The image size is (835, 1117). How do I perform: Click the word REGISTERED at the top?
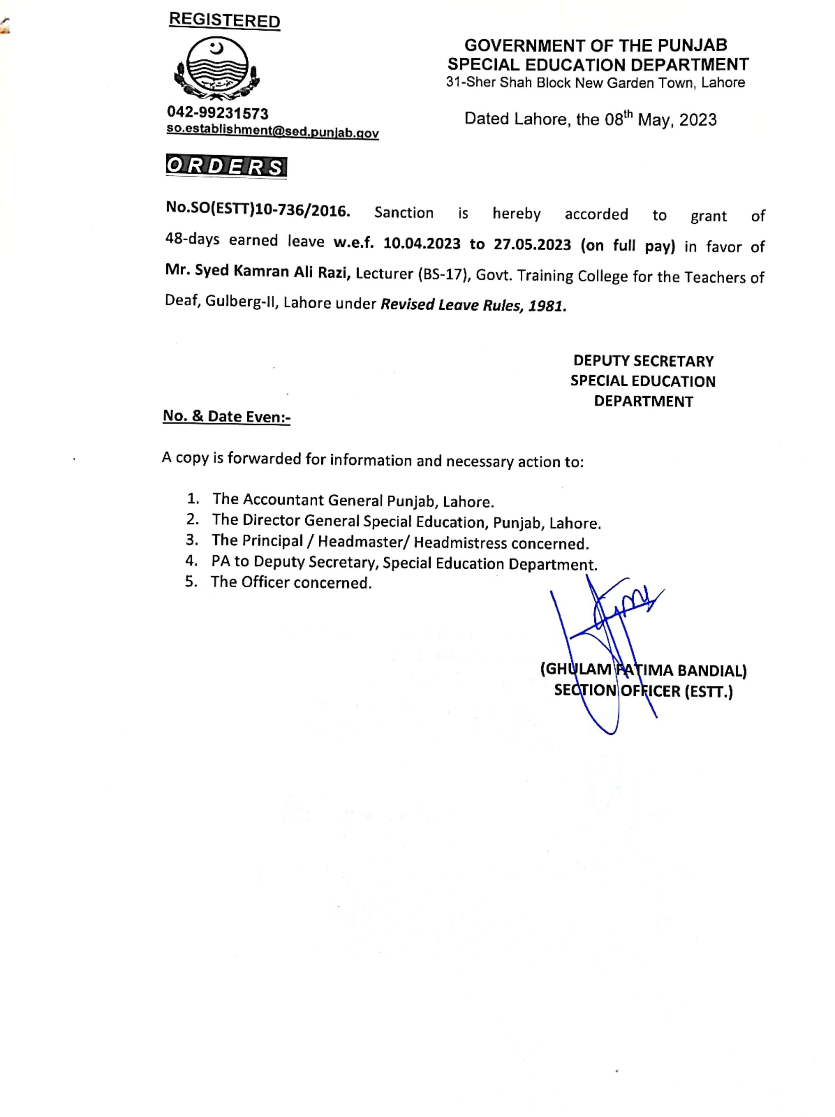point(224,20)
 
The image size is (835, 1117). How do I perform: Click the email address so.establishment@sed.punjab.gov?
point(272,131)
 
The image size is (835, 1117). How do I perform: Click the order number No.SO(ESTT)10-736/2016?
point(258,210)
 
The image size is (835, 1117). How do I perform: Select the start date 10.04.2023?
point(422,243)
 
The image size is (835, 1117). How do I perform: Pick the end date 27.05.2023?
point(532,245)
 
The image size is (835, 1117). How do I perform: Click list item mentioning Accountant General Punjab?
point(353,500)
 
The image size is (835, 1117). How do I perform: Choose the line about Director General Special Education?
point(406,521)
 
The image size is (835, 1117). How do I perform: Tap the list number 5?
point(191,582)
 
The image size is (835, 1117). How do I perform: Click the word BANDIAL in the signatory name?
point(712,671)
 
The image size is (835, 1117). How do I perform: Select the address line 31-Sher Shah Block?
point(595,83)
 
